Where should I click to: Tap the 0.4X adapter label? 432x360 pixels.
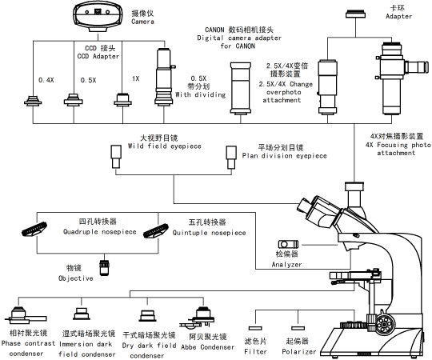click(47, 79)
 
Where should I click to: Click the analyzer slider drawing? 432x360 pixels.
click(287, 244)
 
